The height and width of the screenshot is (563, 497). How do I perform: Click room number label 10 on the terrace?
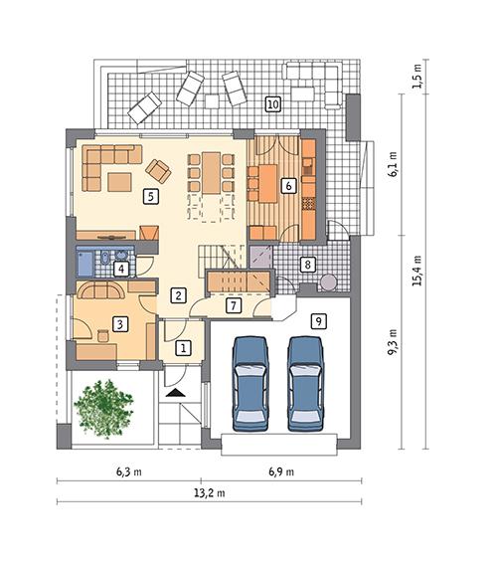[x=272, y=102]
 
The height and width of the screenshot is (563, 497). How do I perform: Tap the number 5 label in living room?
[x=149, y=196]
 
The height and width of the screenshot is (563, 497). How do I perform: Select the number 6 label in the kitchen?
[x=288, y=185]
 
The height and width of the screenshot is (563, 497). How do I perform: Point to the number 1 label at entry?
[x=183, y=348]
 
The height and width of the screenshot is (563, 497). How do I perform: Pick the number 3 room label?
[x=118, y=323]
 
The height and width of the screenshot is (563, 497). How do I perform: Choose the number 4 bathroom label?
[x=120, y=268]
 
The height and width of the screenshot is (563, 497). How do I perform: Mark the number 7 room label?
[x=233, y=305]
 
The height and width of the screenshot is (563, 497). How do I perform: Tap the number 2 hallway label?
[x=176, y=294]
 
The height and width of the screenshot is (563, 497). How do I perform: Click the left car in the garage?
[x=251, y=383]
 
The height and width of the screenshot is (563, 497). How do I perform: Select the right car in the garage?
[x=306, y=383]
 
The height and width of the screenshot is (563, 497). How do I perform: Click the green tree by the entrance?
[x=104, y=405]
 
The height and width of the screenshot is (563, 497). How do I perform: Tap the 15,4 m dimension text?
[x=419, y=270]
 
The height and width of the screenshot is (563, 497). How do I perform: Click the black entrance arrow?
[x=177, y=395]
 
